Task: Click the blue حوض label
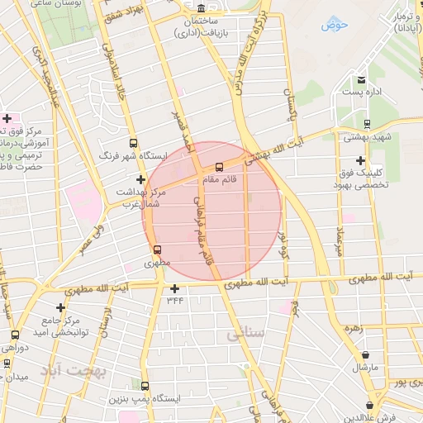click(335, 24)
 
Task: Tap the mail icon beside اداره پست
click(361, 80)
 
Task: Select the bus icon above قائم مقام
click(218, 167)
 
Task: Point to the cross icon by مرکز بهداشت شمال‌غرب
click(140, 179)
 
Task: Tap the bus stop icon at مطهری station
click(158, 250)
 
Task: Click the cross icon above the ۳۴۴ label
click(174, 288)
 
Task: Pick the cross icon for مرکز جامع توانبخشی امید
click(60, 307)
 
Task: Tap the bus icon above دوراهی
click(15, 335)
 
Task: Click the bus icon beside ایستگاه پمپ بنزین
click(145, 386)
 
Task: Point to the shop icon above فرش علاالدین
click(368, 406)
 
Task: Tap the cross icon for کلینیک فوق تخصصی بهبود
click(359, 160)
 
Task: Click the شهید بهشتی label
click(369, 136)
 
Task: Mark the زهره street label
click(354, 327)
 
